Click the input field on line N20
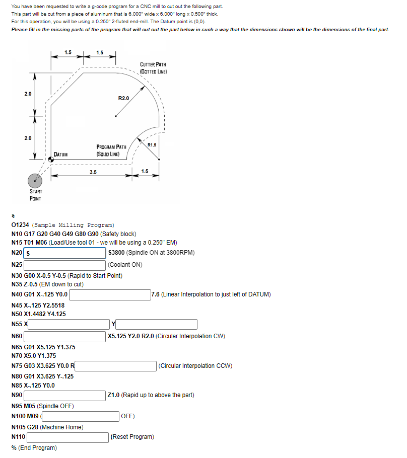[65, 253]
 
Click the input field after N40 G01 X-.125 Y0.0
[109, 294]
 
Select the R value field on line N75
[115, 366]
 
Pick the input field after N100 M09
[80, 416]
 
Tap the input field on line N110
[67, 437]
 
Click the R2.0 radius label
[124, 98]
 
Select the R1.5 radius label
[152, 145]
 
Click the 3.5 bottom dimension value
[93, 172]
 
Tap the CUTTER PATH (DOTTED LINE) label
[153, 68]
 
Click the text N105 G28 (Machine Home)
[47, 427]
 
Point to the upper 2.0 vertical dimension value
[27, 94]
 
